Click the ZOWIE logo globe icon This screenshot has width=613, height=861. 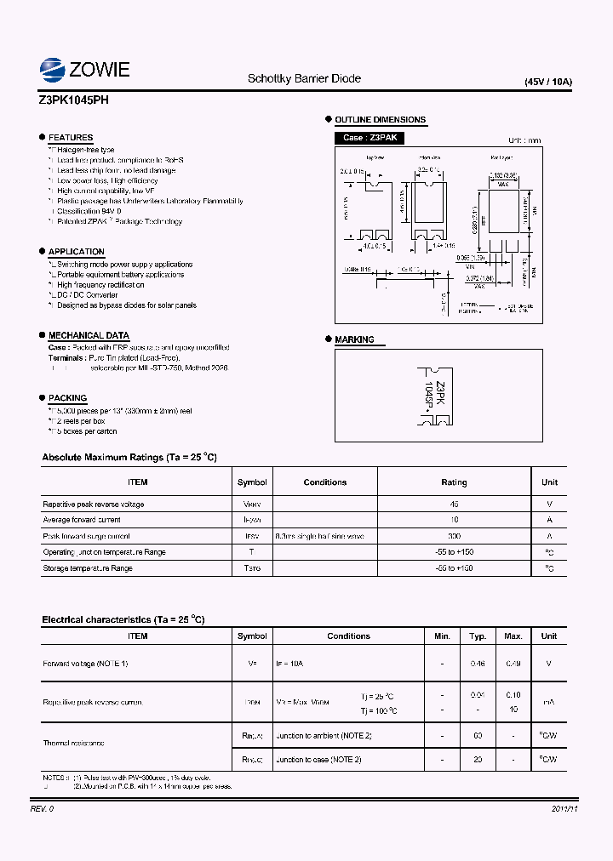coord(52,69)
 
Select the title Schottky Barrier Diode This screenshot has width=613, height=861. coord(304,78)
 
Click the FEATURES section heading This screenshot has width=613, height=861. coord(71,138)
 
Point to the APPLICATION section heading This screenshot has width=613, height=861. coord(77,252)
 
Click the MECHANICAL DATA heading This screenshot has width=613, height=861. coord(89,335)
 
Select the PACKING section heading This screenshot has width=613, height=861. coord(67,397)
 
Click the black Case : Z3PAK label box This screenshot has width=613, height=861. coord(370,138)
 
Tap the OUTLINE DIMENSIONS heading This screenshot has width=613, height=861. coord(380,120)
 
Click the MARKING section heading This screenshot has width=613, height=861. coord(354,339)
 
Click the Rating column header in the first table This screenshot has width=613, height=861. coord(454,482)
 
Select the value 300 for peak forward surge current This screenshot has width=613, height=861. coord(454,536)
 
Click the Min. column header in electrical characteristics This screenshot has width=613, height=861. coord(442,636)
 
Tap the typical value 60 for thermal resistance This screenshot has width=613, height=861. coord(478,734)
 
